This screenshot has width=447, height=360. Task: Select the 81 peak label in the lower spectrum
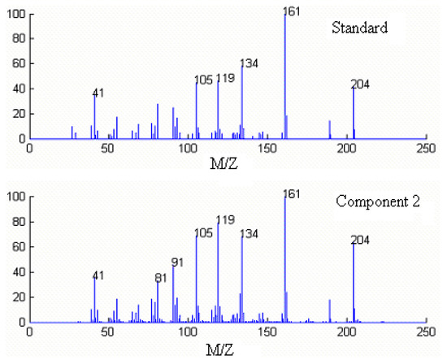(x=162, y=279)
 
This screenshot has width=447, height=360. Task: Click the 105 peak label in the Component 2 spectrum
(x=203, y=233)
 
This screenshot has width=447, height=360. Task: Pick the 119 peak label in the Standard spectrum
(x=226, y=79)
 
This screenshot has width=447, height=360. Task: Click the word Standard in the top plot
(x=358, y=28)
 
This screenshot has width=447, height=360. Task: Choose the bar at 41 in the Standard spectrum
(x=94, y=118)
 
